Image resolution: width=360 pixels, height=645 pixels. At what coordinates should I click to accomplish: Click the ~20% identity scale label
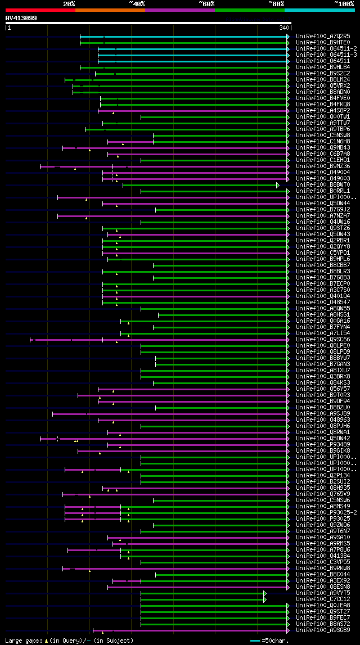click(x=69, y=3)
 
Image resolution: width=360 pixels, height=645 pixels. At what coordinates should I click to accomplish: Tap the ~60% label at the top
click(x=206, y=3)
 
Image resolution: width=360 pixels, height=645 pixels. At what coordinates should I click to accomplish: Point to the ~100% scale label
click(x=344, y=3)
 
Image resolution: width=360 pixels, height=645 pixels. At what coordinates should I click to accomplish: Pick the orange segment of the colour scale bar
click(x=110, y=10)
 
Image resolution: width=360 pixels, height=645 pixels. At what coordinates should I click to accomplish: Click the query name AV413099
click(x=21, y=18)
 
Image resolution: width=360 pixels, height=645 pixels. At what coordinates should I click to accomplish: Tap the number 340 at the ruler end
click(x=284, y=28)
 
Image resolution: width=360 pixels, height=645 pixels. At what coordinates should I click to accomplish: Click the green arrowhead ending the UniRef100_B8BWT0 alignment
click(x=278, y=184)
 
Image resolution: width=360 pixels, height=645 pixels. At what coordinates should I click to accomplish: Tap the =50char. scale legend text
click(x=276, y=641)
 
